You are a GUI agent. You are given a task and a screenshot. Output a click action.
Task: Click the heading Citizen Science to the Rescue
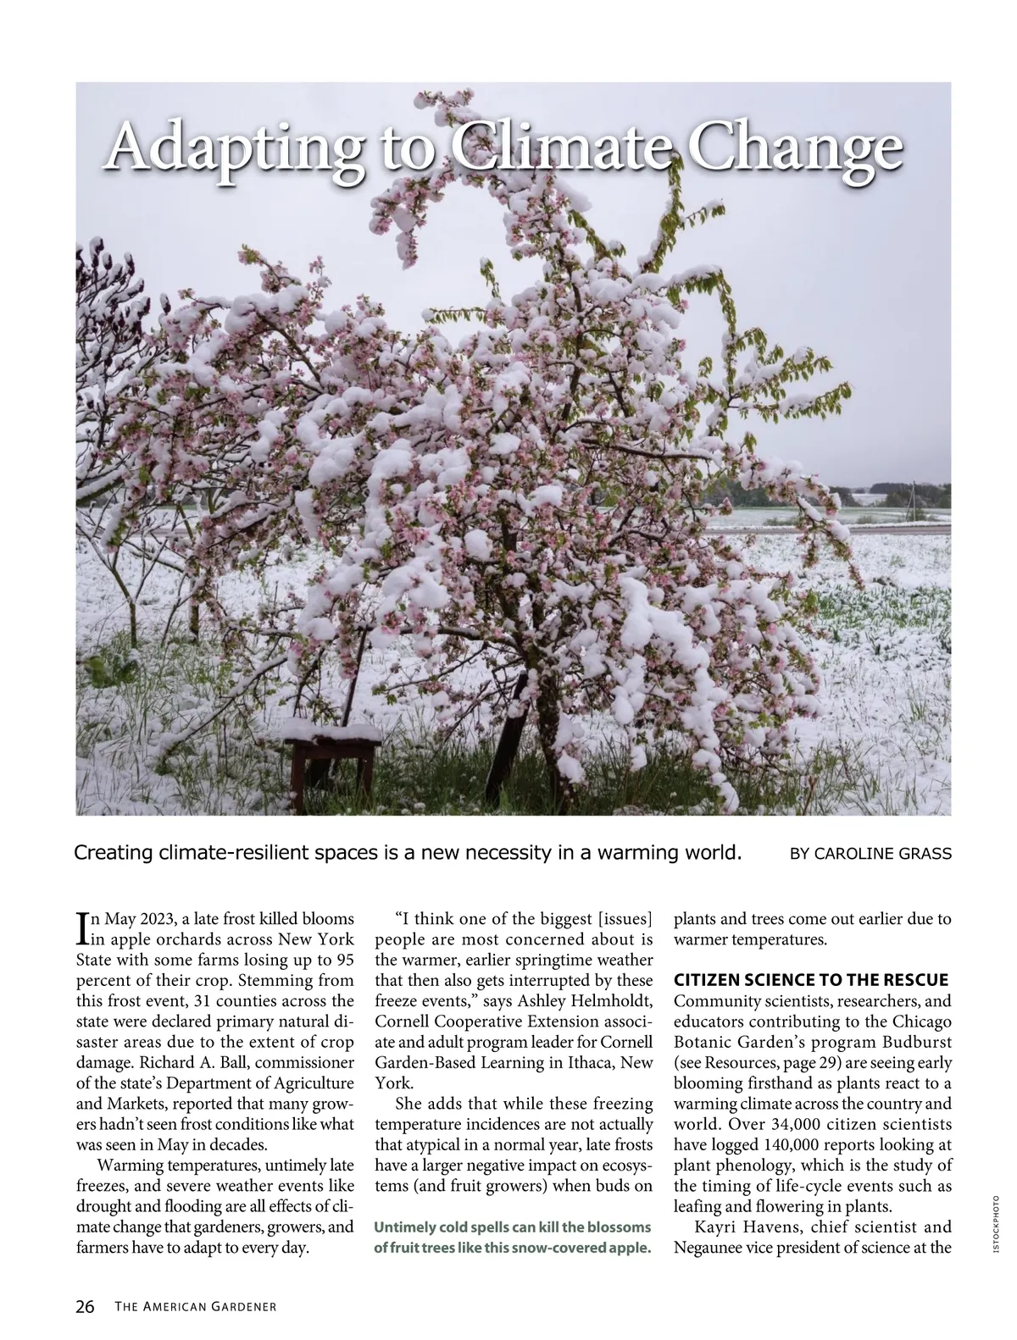[x=810, y=980]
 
